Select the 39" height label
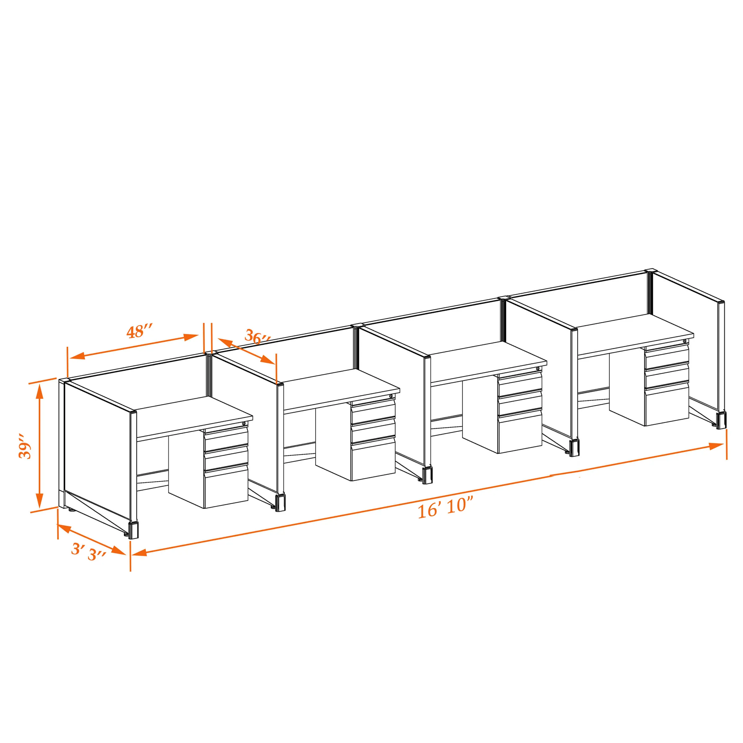[25, 446]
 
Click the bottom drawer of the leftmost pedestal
[226, 486]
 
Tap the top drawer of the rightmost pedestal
[667, 356]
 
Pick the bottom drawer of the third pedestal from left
[519, 432]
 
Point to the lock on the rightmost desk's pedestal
[684, 341]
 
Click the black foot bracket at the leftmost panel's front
[133, 530]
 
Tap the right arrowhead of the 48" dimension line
[191, 337]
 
